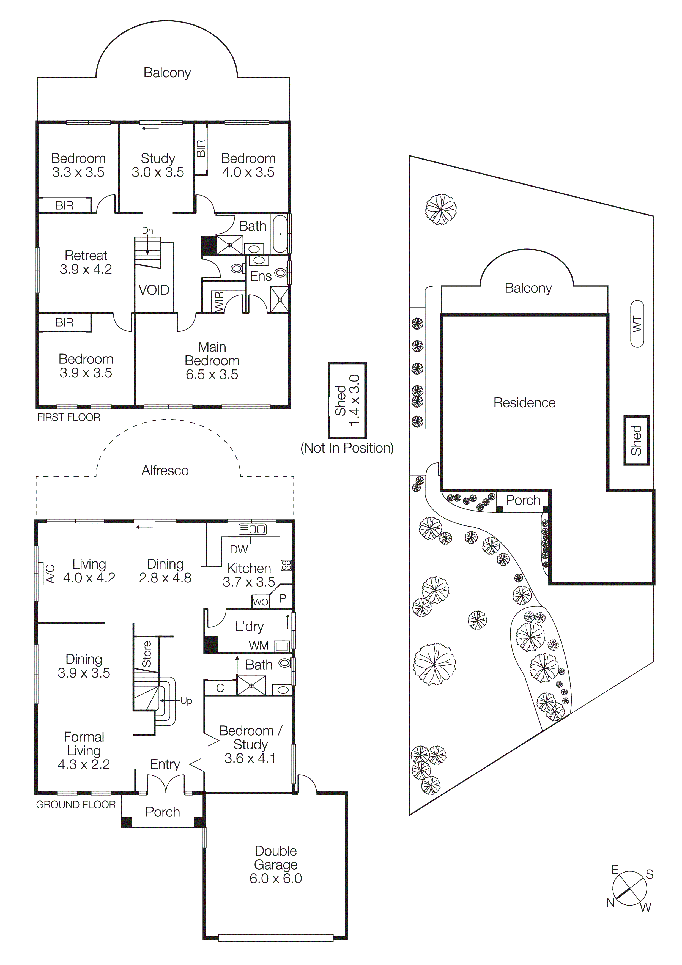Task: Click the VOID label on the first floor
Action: pyautogui.click(x=154, y=290)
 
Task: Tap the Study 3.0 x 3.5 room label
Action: pyautogui.click(x=158, y=165)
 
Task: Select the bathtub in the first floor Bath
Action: pyautogui.click(x=280, y=234)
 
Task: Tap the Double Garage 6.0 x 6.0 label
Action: pyautogui.click(x=276, y=865)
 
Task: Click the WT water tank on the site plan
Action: pyautogui.click(x=637, y=324)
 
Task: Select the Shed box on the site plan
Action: pyautogui.click(x=636, y=440)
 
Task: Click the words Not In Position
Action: pyautogui.click(x=347, y=448)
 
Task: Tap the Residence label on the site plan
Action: pyautogui.click(x=524, y=403)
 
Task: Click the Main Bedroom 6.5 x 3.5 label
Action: pyautogui.click(x=212, y=361)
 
